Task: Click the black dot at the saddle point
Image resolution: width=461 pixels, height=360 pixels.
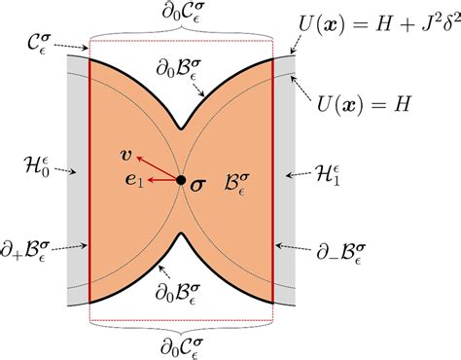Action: (181, 179)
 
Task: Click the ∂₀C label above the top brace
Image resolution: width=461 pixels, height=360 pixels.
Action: (183, 14)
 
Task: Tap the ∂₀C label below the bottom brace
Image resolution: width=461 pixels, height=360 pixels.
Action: (183, 345)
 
